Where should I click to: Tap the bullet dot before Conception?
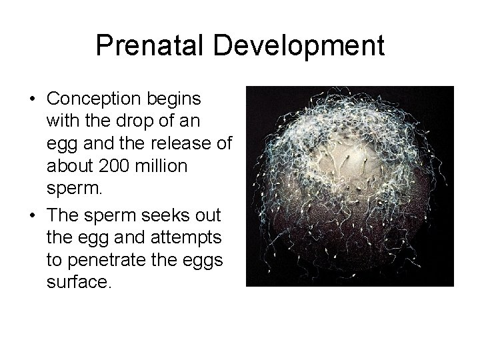click(x=33, y=99)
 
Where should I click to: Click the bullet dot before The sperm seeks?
click(x=33, y=213)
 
